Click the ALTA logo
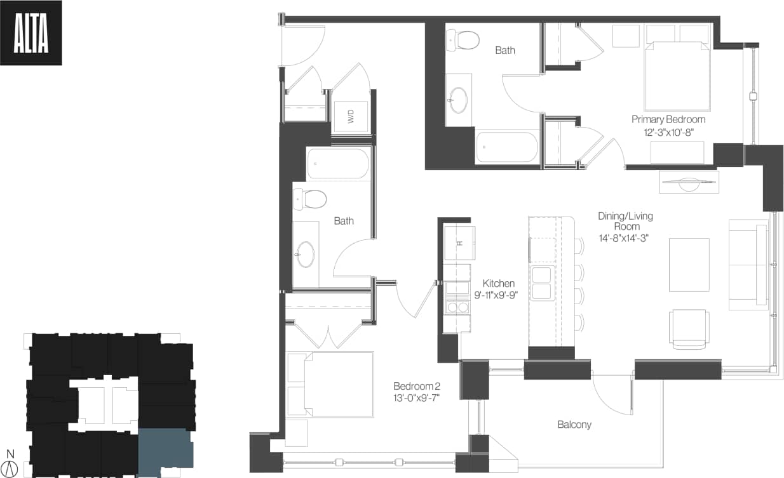(31, 33)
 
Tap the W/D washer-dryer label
(350, 116)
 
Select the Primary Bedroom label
(668, 119)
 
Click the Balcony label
(574, 425)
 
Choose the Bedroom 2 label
(416, 386)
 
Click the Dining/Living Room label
(625, 221)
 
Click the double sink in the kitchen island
(541, 283)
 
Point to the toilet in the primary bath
(464, 41)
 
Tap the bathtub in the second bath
(337, 164)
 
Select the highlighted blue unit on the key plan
(165, 452)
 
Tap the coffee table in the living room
(689, 265)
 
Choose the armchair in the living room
(689, 329)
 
